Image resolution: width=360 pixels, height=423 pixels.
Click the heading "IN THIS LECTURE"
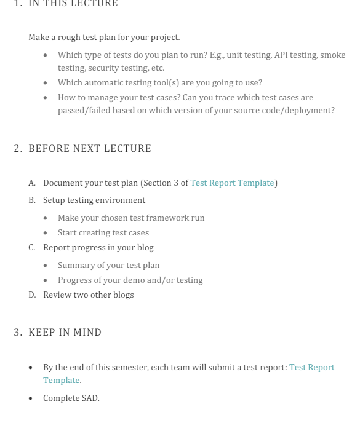(x=73, y=4)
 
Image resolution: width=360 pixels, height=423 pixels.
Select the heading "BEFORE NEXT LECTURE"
(x=89, y=149)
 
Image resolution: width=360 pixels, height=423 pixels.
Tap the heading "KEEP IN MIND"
(x=65, y=333)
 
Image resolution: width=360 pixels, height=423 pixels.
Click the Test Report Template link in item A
(x=232, y=183)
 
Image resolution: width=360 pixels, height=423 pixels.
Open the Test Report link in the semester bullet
(x=311, y=368)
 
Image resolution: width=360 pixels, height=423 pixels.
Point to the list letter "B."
(x=32, y=200)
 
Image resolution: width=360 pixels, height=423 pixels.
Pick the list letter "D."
(x=32, y=295)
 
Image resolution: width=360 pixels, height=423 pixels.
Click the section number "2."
(x=18, y=149)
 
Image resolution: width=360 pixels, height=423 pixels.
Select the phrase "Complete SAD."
(x=71, y=398)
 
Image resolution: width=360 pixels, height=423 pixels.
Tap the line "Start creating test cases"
(x=103, y=233)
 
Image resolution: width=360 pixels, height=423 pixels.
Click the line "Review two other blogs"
(x=88, y=295)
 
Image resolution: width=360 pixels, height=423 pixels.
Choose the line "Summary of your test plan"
(x=108, y=266)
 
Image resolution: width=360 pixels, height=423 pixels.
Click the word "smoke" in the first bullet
(x=333, y=55)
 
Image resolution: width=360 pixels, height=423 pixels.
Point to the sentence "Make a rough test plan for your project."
(x=104, y=38)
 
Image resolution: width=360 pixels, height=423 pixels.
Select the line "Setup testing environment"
(x=94, y=200)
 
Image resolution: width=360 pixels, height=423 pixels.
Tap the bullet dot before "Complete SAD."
(x=31, y=398)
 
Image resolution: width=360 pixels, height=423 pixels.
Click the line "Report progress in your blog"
(x=98, y=248)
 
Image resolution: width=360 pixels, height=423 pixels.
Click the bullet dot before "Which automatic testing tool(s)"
(x=46, y=83)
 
